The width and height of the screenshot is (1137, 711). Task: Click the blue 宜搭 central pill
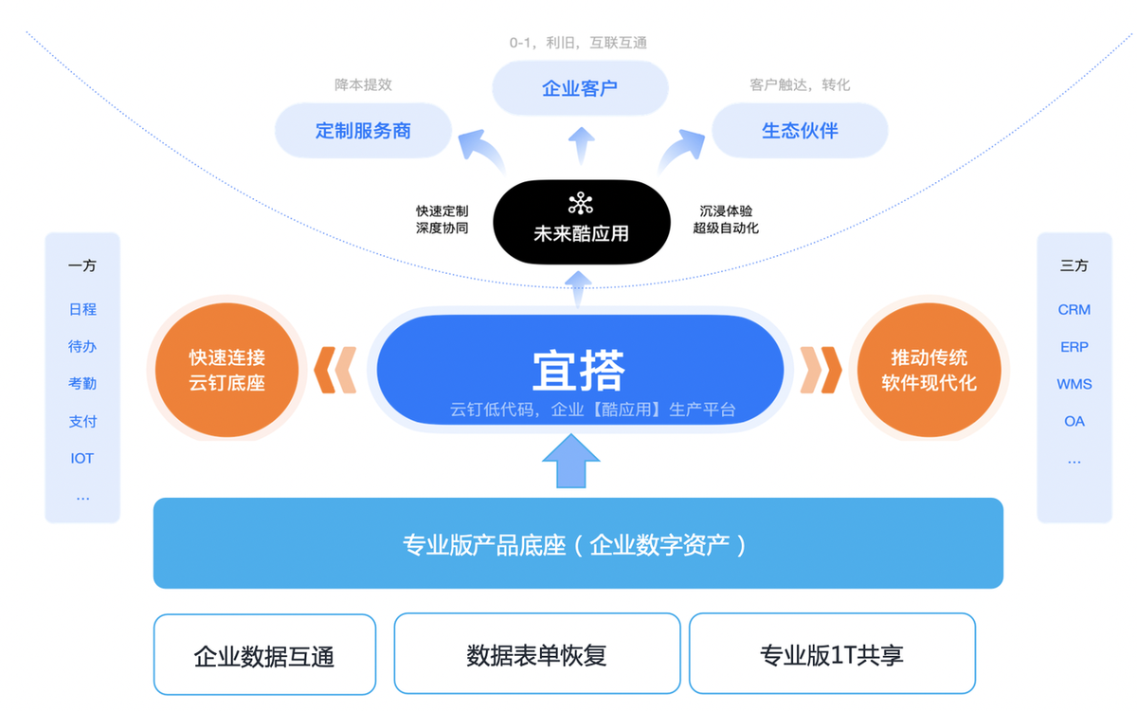[580, 370]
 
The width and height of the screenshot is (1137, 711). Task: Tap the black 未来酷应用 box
[581, 222]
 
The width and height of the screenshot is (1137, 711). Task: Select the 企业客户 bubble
[580, 89]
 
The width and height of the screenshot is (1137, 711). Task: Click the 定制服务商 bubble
[363, 131]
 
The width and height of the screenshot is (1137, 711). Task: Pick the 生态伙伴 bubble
[800, 131]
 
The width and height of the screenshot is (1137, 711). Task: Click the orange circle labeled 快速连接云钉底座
[227, 370]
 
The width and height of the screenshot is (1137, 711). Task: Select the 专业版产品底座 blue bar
[578, 544]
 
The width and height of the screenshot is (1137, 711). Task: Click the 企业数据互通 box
[264, 655]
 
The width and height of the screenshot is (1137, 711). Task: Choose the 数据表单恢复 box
[536, 655]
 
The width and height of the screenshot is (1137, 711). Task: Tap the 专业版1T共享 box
[832, 655]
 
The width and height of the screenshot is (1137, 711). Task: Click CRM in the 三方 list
[1074, 310]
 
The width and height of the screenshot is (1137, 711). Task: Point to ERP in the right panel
[1074, 347]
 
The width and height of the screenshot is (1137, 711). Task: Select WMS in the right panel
[1074, 384]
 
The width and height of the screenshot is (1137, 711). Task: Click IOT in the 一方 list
[82, 458]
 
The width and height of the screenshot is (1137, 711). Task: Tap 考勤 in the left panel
[82, 384]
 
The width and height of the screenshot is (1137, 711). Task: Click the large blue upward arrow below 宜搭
[571, 461]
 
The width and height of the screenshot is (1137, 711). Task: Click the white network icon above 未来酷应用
[580, 204]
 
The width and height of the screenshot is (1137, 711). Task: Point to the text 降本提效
[363, 84]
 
